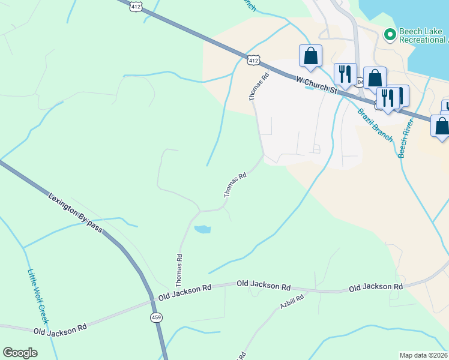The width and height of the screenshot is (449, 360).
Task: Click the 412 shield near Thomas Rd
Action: (x=253, y=59)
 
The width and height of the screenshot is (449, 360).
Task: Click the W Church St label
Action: (x=316, y=83)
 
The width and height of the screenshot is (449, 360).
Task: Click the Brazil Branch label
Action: (x=375, y=125)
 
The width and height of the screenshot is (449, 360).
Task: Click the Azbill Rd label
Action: (x=292, y=302)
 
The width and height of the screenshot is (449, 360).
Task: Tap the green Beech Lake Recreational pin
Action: (x=390, y=35)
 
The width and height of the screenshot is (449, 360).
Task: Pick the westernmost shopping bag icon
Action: (x=310, y=56)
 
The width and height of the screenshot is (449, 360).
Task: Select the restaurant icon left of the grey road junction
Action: (x=345, y=74)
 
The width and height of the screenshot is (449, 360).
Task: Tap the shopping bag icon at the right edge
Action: (x=441, y=127)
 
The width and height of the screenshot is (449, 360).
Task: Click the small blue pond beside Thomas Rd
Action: (x=203, y=229)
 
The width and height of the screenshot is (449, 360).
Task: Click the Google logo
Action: (x=20, y=352)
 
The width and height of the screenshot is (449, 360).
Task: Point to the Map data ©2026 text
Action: (x=424, y=355)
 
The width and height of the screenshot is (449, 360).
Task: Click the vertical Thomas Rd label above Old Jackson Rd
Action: (x=179, y=269)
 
